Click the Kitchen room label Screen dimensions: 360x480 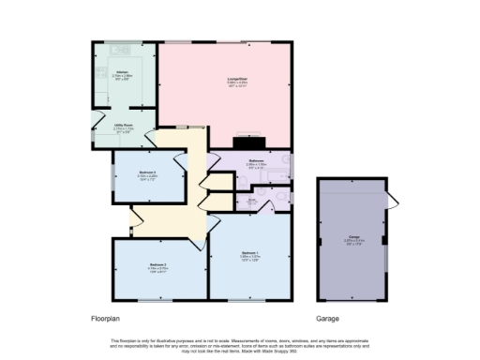(122, 70)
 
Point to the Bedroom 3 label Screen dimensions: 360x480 (147, 172)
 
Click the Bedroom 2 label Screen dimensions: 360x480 (157, 265)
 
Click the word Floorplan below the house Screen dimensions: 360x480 (104, 319)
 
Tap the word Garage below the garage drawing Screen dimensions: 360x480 (327, 319)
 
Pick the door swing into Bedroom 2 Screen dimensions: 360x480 (202, 247)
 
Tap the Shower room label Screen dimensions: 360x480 (253, 199)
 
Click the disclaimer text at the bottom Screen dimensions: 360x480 (240, 342)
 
